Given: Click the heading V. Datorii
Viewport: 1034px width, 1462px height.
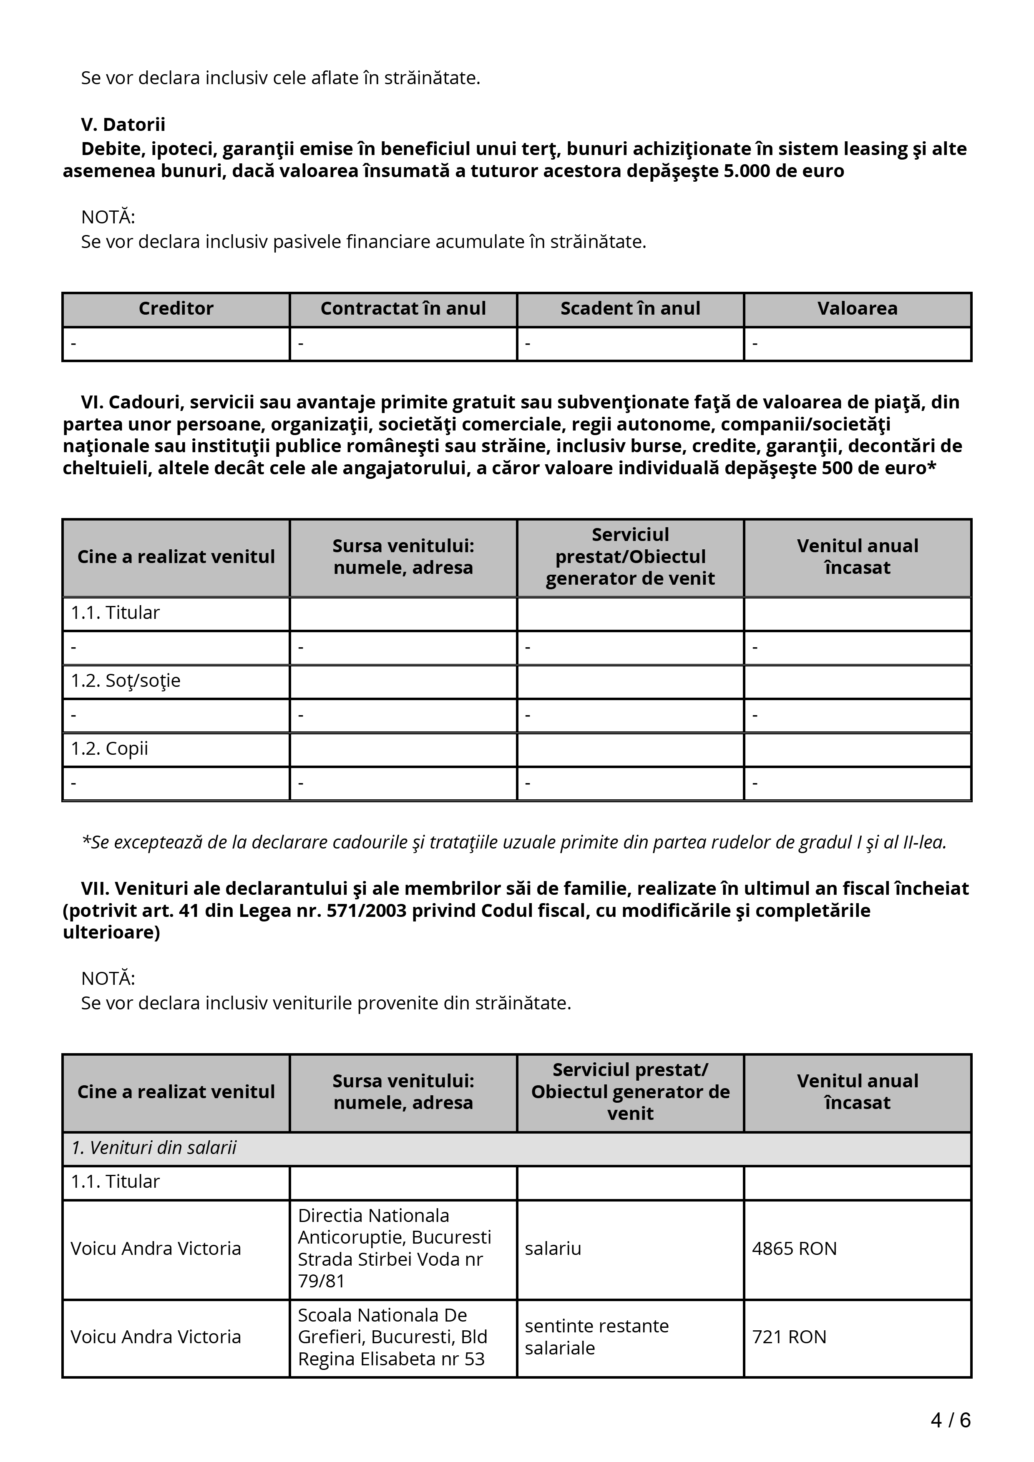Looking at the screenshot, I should tap(123, 124).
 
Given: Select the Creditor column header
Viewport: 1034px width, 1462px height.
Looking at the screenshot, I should tap(176, 309).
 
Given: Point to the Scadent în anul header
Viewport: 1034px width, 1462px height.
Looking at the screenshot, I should tap(630, 309).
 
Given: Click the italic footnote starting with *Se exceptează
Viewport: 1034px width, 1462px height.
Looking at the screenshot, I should tap(513, 842).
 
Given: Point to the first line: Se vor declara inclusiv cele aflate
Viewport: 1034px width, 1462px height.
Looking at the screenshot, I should tap(280, 78).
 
